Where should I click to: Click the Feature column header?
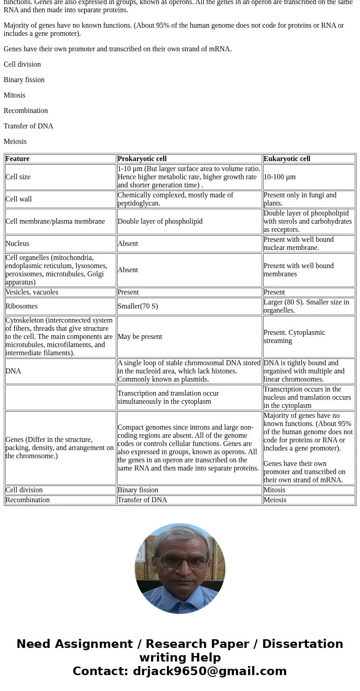click(17, 159)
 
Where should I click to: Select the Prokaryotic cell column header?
click(142, 159)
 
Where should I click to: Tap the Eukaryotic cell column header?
click(287, 159)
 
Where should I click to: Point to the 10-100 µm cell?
click(279, 177)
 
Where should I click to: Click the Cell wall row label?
click(19, 199)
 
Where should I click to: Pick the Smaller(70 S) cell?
click(137, 306)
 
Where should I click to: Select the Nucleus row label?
click(17, 244)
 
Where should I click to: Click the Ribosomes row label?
click(21, 306)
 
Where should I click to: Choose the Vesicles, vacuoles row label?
click(32, 292)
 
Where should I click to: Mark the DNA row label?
click(13, 371)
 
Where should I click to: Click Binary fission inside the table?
click(138, 490)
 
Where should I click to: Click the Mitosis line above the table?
click(15, 95)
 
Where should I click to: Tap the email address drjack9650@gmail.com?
click(209, 671)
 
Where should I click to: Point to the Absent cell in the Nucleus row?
click(127, 244)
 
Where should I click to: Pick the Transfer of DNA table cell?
click(142, 500)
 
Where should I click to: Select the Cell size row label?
click(18, 177)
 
